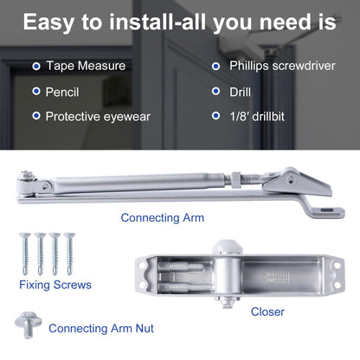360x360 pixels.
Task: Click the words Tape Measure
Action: click(85, 66)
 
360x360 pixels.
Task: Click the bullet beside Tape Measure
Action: click(35, 66)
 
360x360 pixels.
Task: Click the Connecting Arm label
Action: click(162, 218)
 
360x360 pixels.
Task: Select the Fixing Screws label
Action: click(55, 284)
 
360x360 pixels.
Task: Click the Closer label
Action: click(267, 312)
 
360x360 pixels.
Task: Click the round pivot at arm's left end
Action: click(25, 183)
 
